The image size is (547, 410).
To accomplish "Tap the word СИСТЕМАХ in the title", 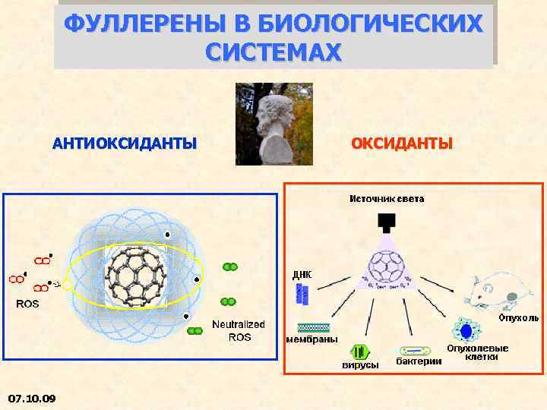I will click(x=273, y=52).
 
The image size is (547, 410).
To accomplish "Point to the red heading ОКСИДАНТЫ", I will click(x=401, y=143).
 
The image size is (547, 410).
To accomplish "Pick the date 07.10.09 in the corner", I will click(x=31, y=397).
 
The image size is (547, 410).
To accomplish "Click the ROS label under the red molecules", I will click(x=28, y=304).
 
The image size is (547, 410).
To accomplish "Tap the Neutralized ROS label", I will click(x=239, y=330).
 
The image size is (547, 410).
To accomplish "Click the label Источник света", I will click(x=387, y=199).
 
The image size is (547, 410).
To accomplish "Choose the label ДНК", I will click(x=301, y=274).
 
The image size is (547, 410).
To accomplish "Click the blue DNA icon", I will click(x=302, y=295).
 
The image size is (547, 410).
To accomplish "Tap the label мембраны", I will click(x=312, y=339).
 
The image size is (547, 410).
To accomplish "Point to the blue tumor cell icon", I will click(x=465, y=330).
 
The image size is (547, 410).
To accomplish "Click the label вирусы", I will click(x=360, y=365).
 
